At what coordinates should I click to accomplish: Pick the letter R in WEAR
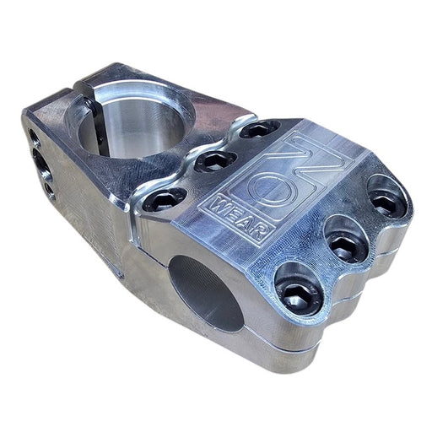pyautogui.click(x=260, y=234)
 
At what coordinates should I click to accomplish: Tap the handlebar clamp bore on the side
pyautogui.click(x=207, y=293)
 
